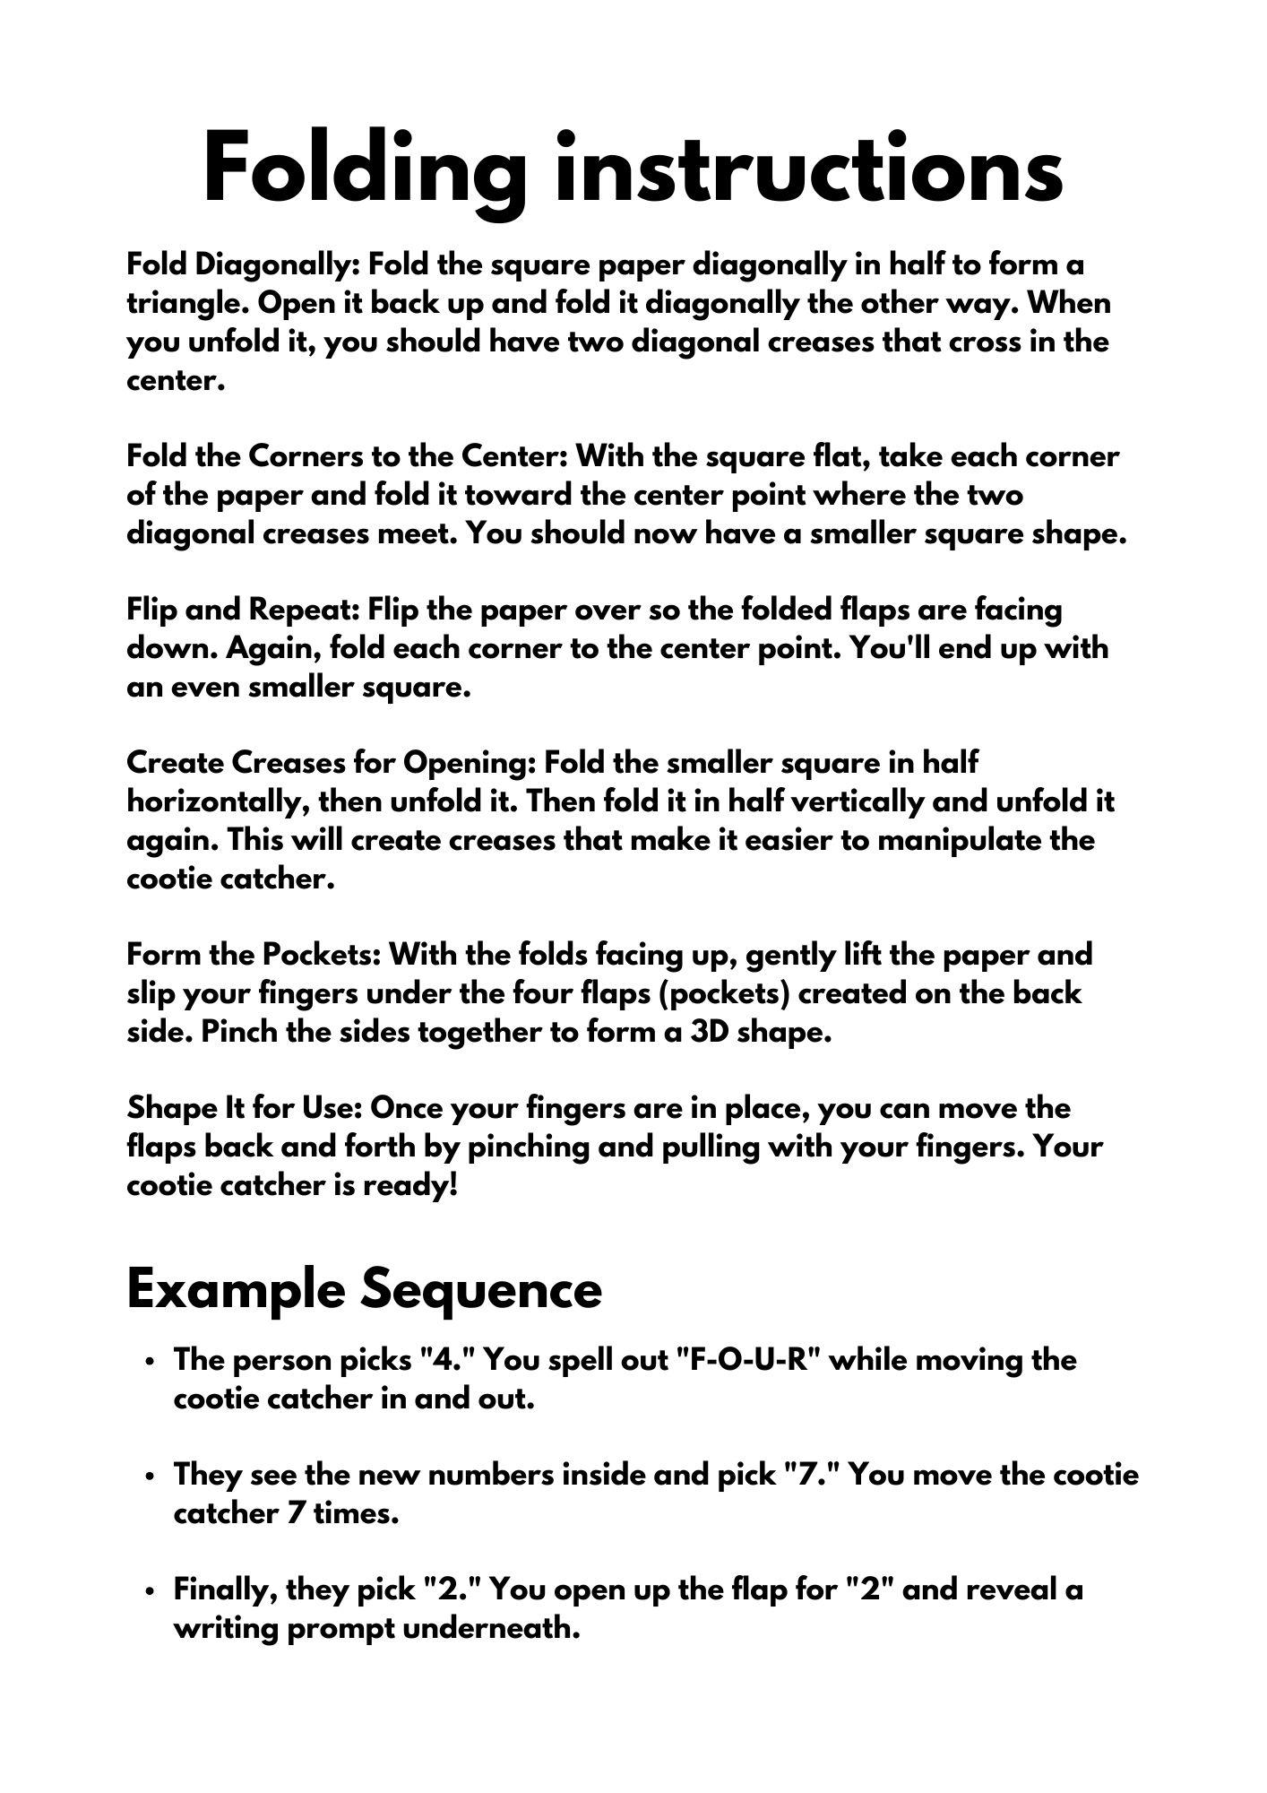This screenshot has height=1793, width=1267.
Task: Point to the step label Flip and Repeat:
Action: [x=243, y=611]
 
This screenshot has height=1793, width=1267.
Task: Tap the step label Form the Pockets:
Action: [x=254, y=955]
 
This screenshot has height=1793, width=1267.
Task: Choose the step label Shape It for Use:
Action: [x=244, y=1108]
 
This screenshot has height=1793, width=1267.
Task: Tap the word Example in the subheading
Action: [x=236, y=1289]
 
